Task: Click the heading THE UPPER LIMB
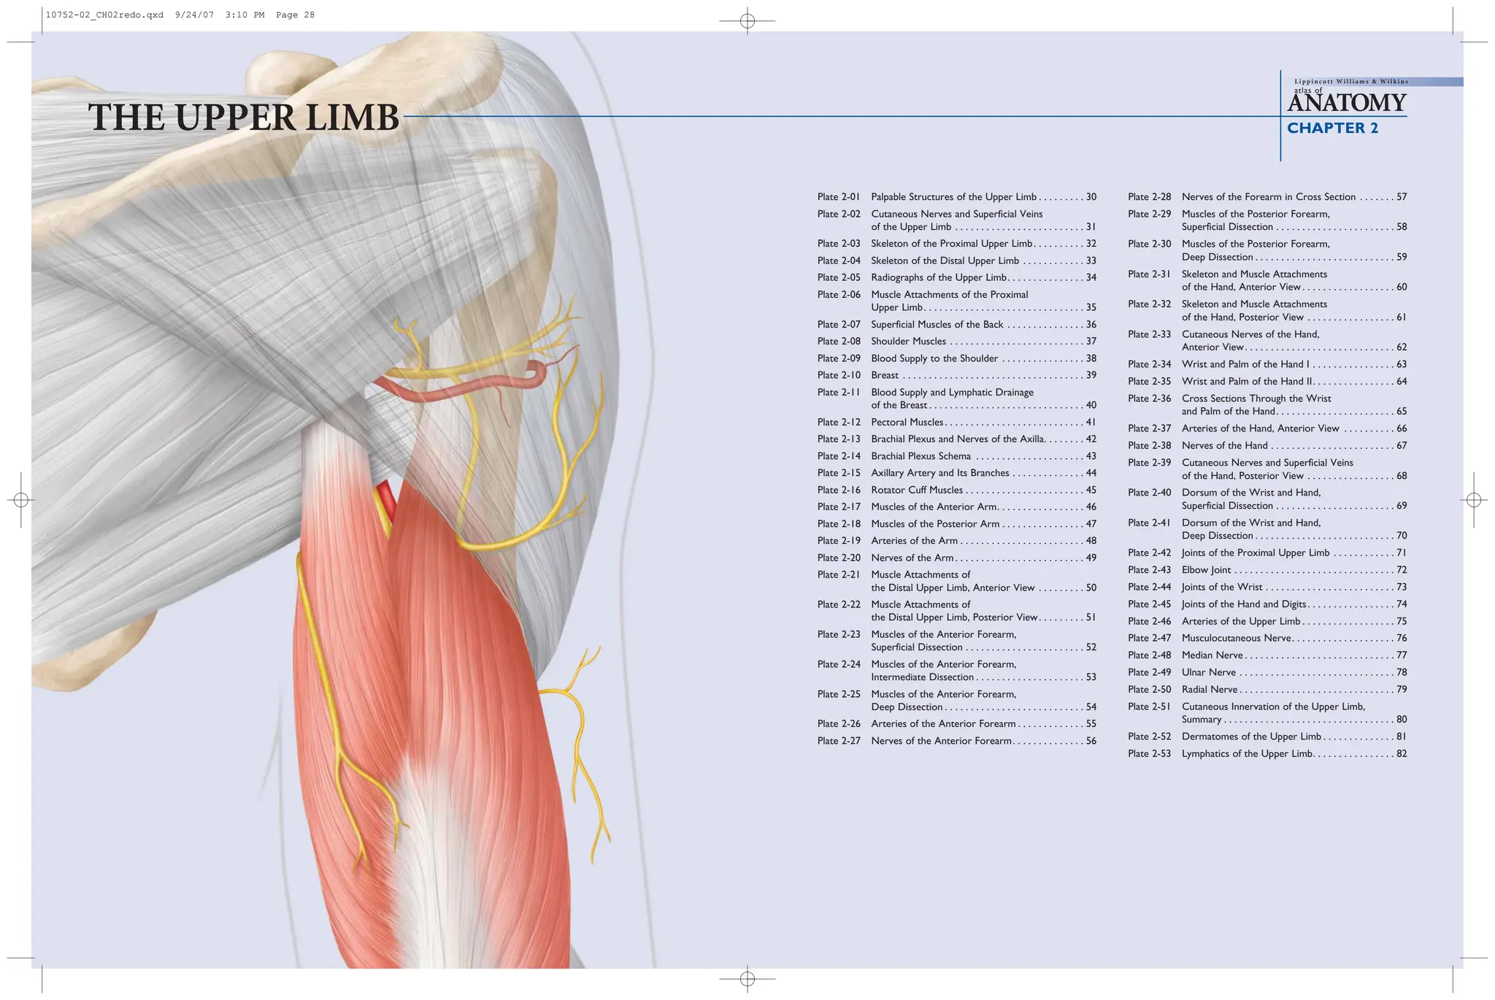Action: [244, 118]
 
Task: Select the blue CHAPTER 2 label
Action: [1332, 128]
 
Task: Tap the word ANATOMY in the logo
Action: [1347, 103]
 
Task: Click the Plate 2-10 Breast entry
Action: [885, 375]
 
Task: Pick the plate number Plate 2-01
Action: [839, 197]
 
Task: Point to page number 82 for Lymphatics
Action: [1401, 754]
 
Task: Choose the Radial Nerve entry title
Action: [1210, 690]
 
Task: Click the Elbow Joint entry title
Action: [1206, 570]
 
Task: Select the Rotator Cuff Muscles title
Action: [917, 491]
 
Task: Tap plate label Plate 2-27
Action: [839, 741]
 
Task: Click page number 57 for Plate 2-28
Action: [1401, 197]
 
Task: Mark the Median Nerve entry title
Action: [1212, 655]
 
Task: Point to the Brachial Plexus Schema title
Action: [921, 456]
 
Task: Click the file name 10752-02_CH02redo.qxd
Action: [104, 15]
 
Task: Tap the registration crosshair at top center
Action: [747, 21]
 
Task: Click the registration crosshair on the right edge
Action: [1473, 500]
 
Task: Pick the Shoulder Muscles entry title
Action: [908, 342]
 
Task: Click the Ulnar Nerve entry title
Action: [1209, 672]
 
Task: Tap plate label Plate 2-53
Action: [1149, 754]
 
